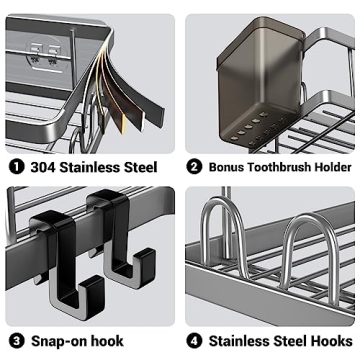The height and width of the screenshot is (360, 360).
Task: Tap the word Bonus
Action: (x=230, y=166)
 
